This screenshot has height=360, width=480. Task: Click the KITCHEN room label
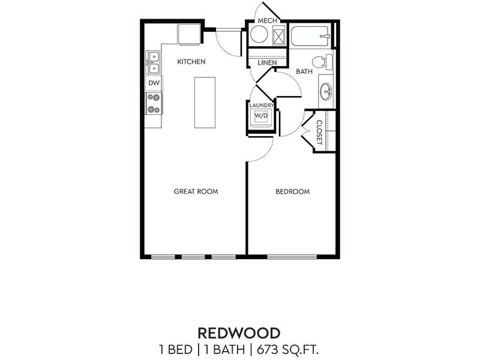click(191, 62)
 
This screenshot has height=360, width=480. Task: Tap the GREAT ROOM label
click(196, 192)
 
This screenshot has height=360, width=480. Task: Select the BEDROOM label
click(292, 192)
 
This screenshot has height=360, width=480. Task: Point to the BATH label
click(304, 71)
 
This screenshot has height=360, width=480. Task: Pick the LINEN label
click(267, 62)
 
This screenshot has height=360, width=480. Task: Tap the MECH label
click(267, 21)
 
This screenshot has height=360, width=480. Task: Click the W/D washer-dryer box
click(262, 116)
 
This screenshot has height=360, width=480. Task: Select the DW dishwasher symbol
click(154, 83)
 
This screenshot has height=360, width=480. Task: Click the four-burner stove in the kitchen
click(154, 103)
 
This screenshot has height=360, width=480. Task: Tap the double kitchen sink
click(153, 62)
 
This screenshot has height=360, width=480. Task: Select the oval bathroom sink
click(326, 92)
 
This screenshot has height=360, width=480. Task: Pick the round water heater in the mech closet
click(259, 35)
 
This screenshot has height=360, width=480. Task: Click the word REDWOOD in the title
click(239, 333)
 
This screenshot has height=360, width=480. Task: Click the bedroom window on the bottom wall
click(292, 257)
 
